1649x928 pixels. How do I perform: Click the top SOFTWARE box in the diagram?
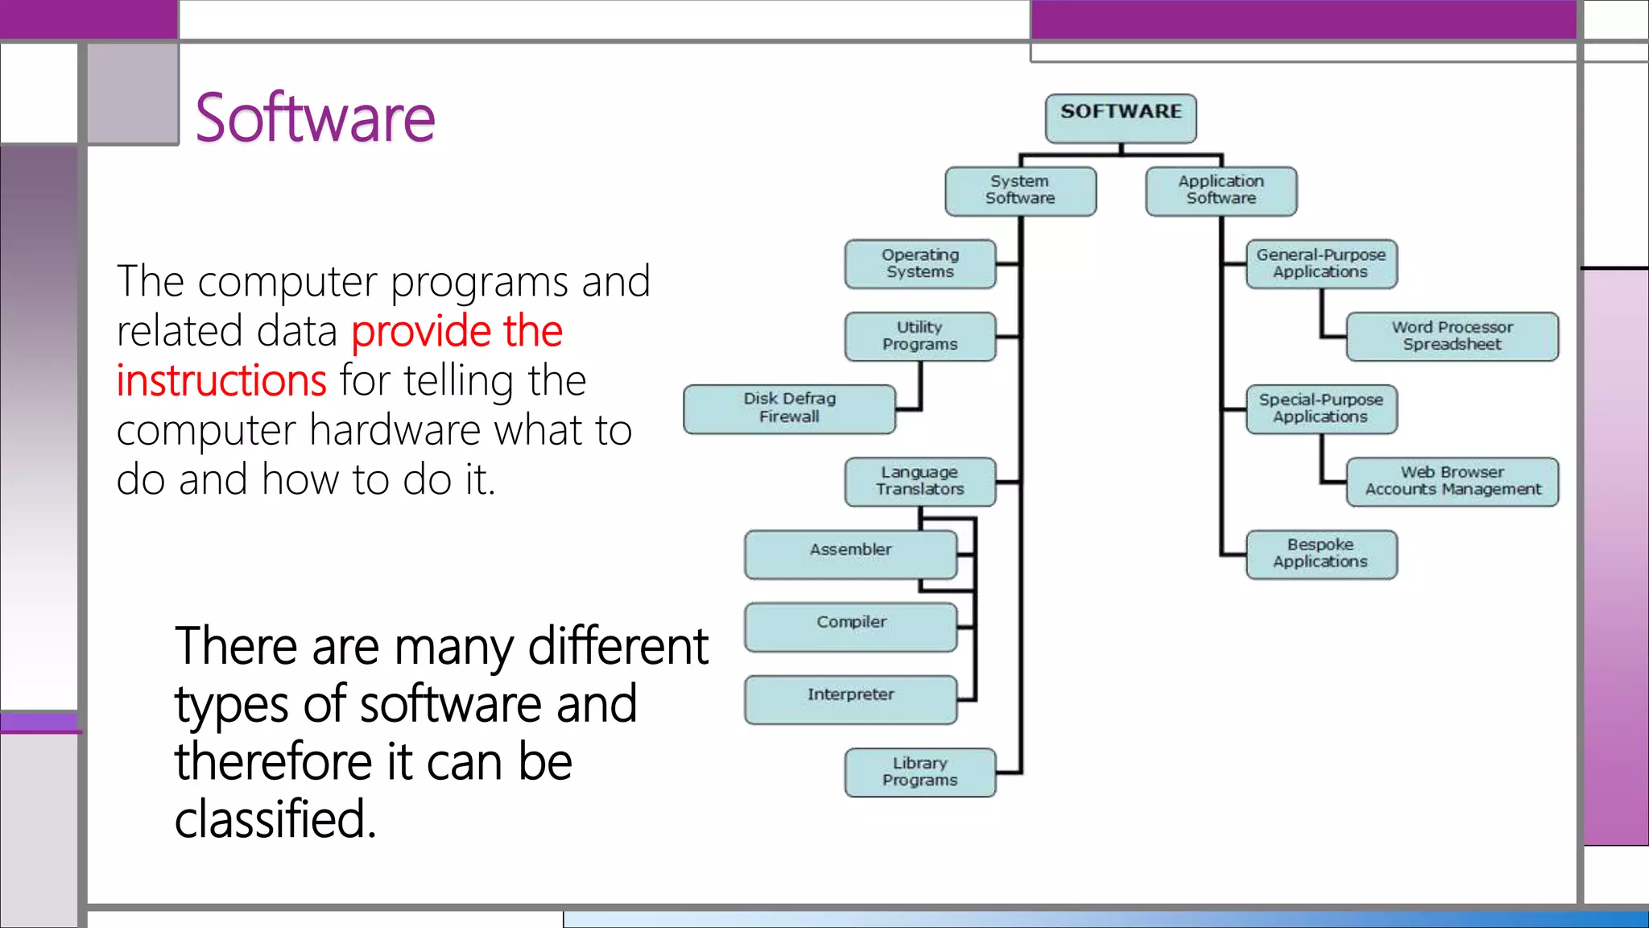click(x=1121, y=118)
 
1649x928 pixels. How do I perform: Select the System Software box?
click(x=1020, y=191)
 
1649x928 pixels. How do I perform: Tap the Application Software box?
click(x=1221, y=191)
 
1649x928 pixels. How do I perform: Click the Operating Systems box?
click(x=920, y=264)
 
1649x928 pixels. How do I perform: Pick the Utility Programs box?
click(x=920, y=337)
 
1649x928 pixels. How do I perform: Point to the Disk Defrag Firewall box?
click(x=789, y=408)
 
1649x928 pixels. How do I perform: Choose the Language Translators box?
click(x=920, y=482)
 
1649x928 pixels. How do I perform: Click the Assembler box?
click(x=850, y=554)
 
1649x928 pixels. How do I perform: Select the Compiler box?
click(x=850, y=627)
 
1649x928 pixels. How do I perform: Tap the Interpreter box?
click(x=850, y=699)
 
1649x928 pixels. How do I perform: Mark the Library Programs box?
click(x=920, y=772)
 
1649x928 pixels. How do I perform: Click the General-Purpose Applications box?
click(x=1320, y=264)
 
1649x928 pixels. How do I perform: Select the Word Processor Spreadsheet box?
click(x=1452, y=337)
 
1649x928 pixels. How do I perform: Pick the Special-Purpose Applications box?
click(x=1320, y=409)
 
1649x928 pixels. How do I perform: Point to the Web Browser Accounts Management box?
click(x=1452, y=482)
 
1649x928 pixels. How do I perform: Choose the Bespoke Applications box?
click(x=1320, y=554)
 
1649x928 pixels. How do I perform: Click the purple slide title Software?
click(x=315, y=118)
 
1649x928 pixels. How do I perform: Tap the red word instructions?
click(x=221, y=381)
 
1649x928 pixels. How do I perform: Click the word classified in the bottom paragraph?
click(x=275, y=820)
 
